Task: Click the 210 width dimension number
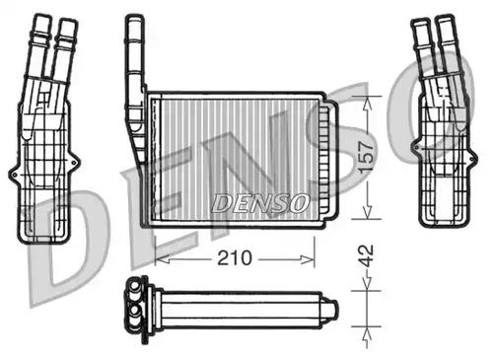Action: [233, 257]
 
